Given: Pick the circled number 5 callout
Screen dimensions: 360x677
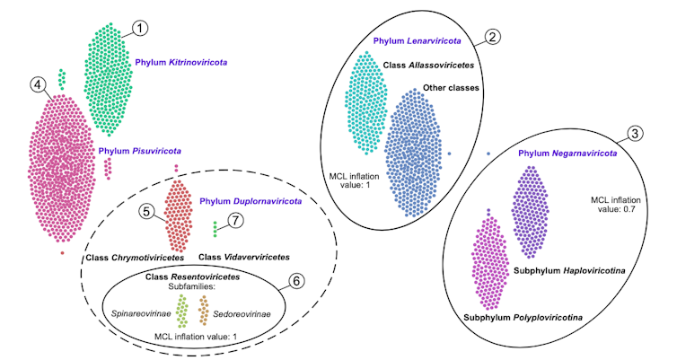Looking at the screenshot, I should [147, 212].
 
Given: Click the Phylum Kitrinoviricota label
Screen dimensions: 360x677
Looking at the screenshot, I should [180, 63].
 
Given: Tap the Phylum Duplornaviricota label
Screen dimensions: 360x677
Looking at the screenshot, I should [249, 201].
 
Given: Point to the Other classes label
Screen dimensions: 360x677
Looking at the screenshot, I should [451, 88].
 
